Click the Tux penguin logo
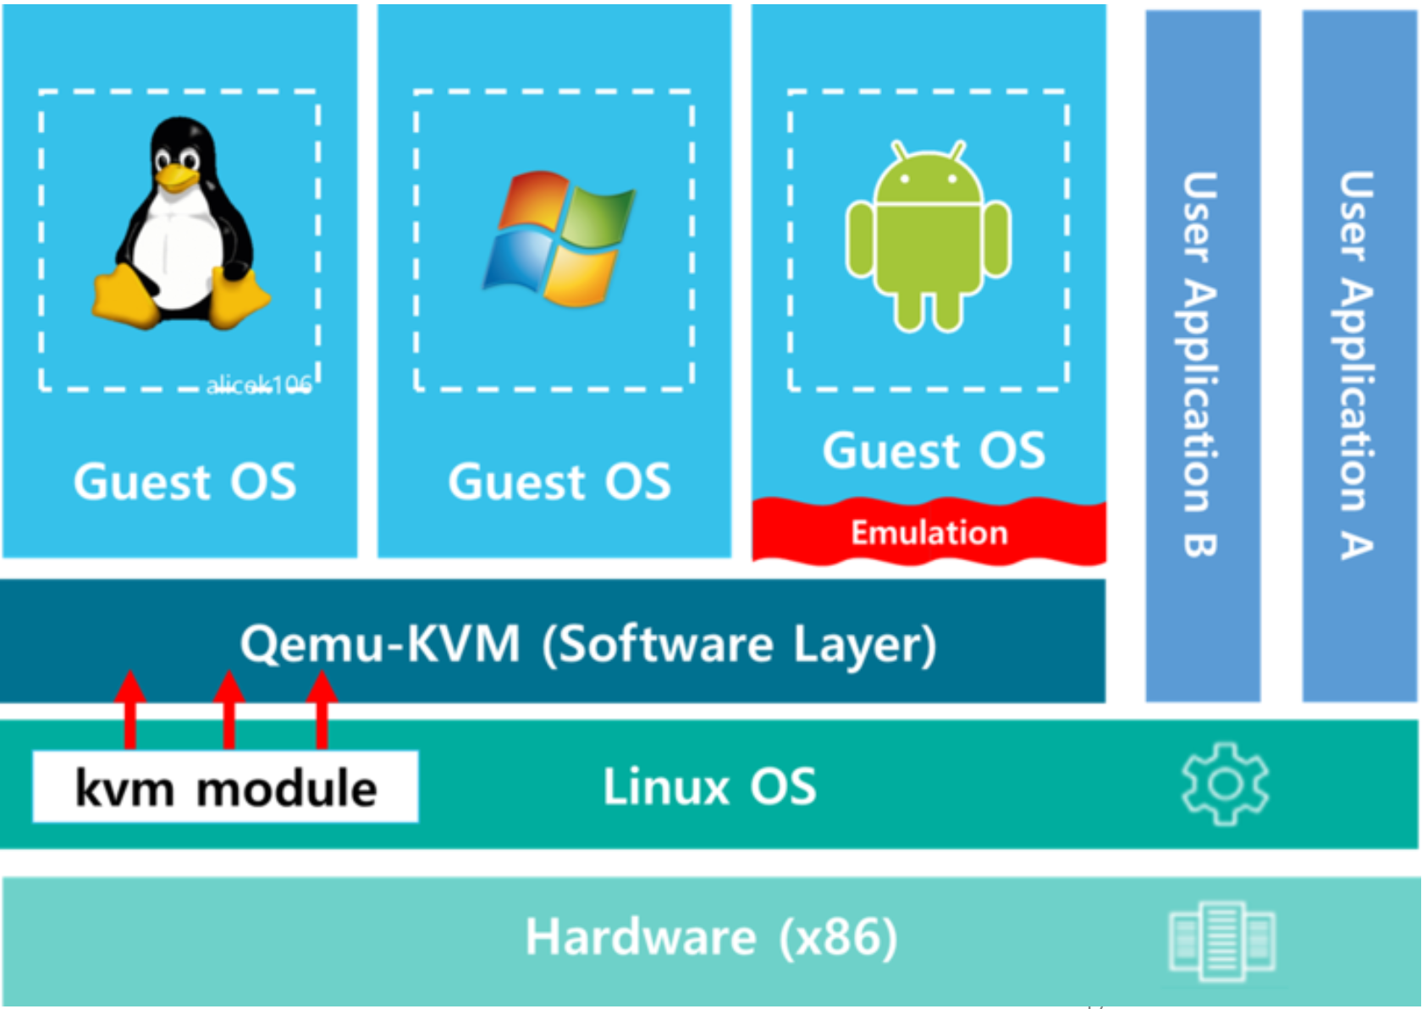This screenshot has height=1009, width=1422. tap(181, 224)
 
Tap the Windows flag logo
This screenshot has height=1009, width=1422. tap(559, 239)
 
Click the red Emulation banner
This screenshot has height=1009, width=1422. tap(929, 532)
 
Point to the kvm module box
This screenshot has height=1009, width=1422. tap(225, 787)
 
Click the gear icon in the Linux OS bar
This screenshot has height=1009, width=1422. tap(1224, 784)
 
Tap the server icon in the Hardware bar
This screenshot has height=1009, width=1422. tap(1221, 940)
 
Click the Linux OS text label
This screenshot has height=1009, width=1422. tap(709, 787)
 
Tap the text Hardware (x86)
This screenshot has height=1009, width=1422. tap(711, 938)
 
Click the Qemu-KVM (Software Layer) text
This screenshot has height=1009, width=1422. tap(588, 645)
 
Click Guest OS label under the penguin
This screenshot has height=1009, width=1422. tap(185, 482)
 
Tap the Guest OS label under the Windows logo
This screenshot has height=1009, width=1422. tap(559, 482)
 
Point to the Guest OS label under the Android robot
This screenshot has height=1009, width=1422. tap(934, 450)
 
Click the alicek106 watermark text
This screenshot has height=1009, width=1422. tap(259, 386)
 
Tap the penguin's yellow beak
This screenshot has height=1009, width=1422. tap(176, 177)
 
